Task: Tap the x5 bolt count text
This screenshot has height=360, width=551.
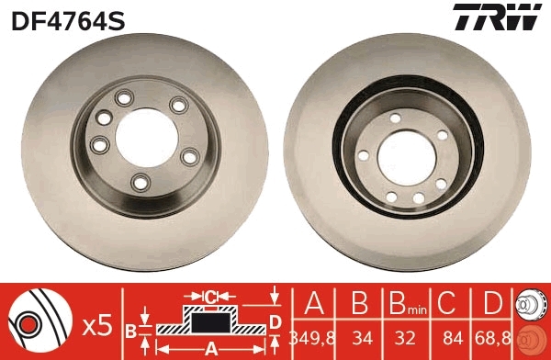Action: coord(96,324)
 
